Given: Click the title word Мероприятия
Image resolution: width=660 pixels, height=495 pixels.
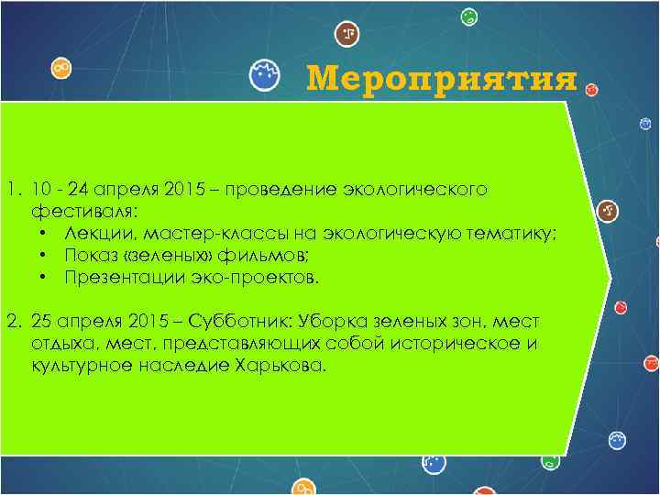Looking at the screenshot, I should (442, 79).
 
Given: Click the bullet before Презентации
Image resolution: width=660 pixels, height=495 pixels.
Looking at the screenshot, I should (44, 277).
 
